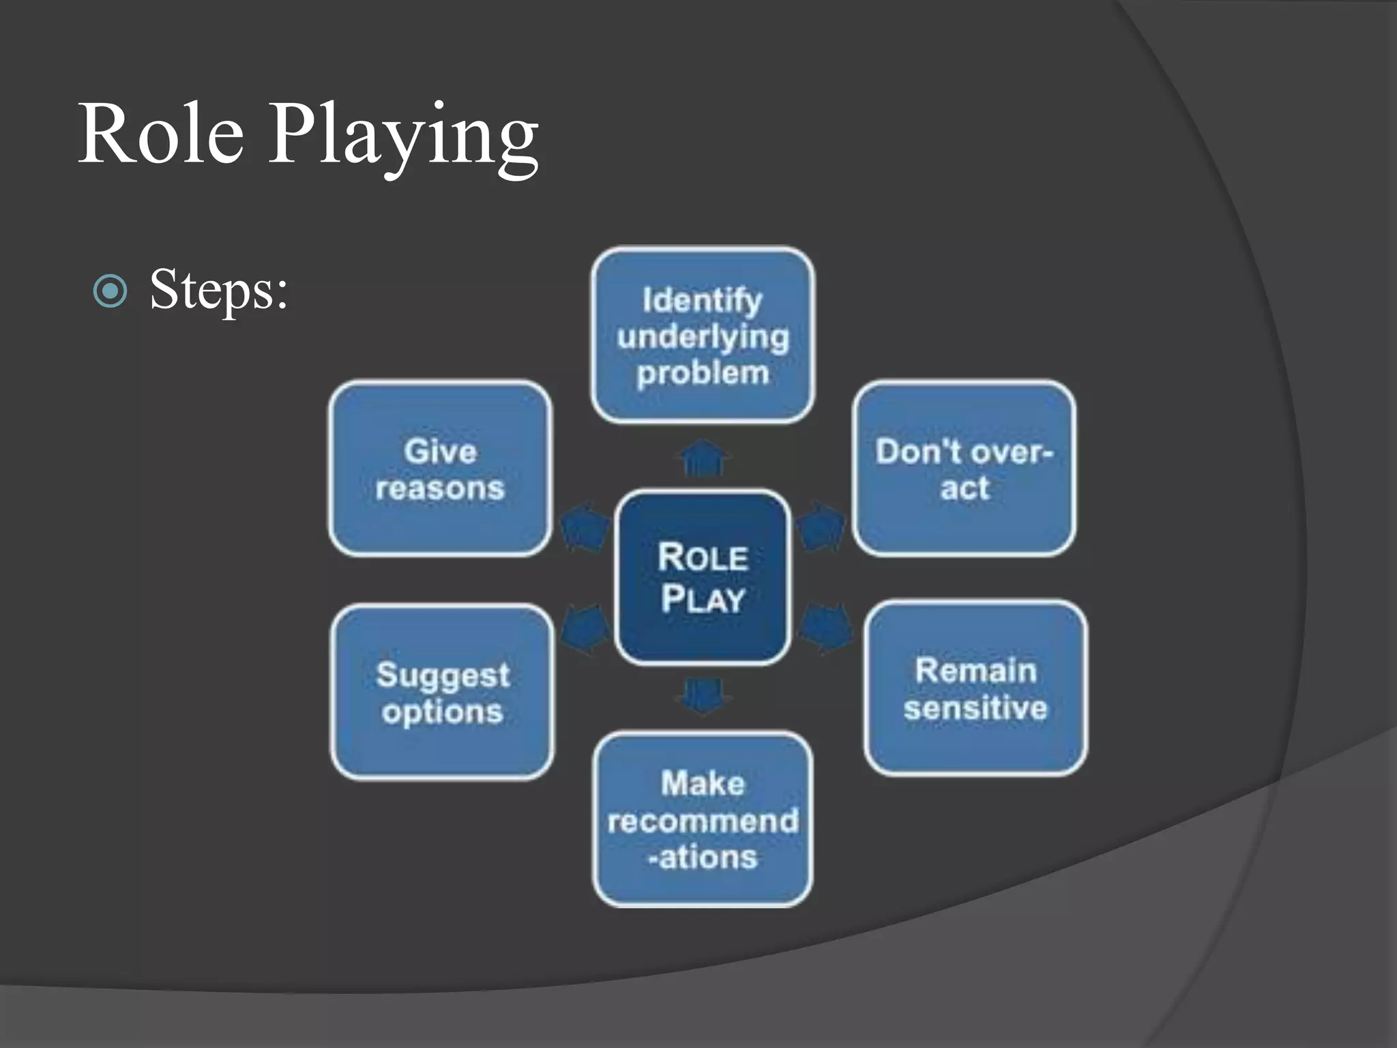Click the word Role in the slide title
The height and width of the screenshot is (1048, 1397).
tap(161, 134)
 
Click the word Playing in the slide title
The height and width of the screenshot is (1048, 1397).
tap(404, 136)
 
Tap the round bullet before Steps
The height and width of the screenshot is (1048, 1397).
tap(110, 291)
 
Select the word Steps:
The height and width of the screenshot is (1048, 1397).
tap(219, 290)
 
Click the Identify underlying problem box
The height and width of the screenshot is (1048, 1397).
tap(703, 334)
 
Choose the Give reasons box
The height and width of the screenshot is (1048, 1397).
tap(440, 469)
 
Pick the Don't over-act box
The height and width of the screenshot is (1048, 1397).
tap(964, 469)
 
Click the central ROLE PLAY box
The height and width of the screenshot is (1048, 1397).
tap(703, 577)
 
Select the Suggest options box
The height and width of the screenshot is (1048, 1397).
tap(442, 692)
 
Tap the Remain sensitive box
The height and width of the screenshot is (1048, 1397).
tap(975, 688)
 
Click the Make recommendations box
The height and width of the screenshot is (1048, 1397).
tap(703, 819)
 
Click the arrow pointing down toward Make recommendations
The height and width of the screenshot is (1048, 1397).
tap(703, 696)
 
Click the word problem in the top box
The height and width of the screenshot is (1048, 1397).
tap(703, 373)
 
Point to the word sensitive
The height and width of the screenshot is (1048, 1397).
tap(975, 708)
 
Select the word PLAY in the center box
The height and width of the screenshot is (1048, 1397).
tap(703, 599)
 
